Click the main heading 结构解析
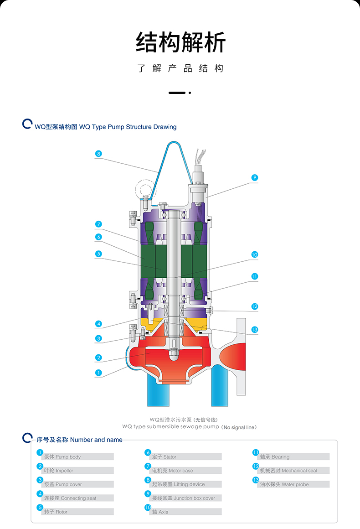click(x=180, y=43)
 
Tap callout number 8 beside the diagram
click(x=98, y=154)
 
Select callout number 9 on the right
click(x=255, y=177)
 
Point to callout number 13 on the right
click(x=255, y=329)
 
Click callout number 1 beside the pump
click(x=98, y=373)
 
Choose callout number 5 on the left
click(x=98, y=254)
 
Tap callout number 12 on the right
click(x=255, y=306)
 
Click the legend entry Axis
click(x=160, y=512)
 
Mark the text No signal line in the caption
click(x=239, y=427)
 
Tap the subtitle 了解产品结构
click(x=180, y=68)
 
